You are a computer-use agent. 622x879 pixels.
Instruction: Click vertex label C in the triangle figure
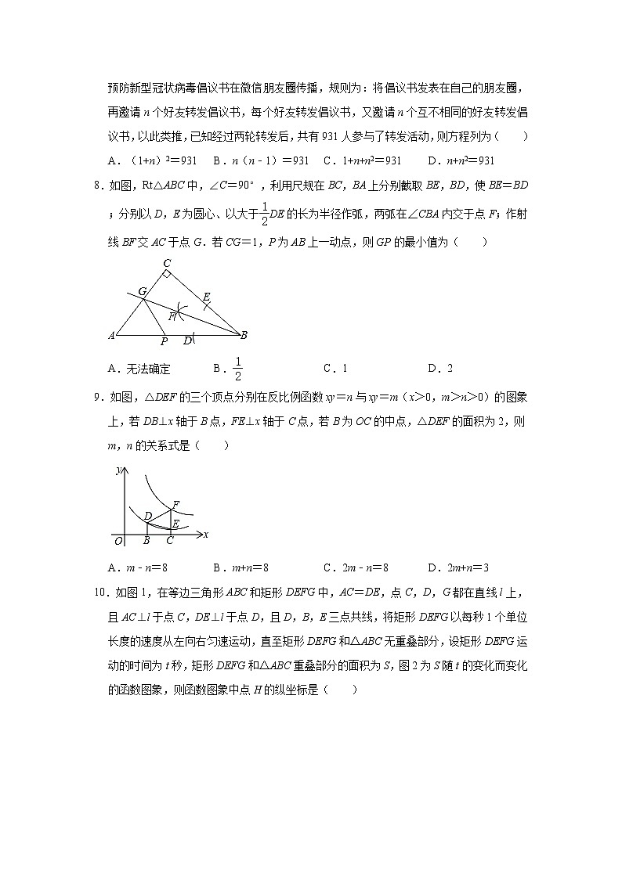(x=167, y=264)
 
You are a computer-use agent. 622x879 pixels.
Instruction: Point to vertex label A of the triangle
(x=111, y=336)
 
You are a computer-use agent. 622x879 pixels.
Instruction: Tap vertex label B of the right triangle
(x=244, y=335)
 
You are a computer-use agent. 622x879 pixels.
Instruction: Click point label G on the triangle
(x=143, y=290)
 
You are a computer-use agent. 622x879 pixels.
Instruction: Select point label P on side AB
(x=164, y=342)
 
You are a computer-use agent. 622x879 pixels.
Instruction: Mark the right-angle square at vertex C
(x=167, y=275)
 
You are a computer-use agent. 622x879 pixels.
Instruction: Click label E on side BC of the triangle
(x=206, y=297)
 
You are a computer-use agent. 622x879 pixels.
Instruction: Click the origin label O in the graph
(x=118, y=540)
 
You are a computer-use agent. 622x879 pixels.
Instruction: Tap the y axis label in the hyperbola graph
(x=118, y=470)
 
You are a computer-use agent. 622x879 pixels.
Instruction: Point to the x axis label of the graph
(x=205, y=534)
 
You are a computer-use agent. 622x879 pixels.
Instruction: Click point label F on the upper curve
(x=175, y=503)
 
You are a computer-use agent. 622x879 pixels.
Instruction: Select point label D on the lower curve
(x=147, y=515)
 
